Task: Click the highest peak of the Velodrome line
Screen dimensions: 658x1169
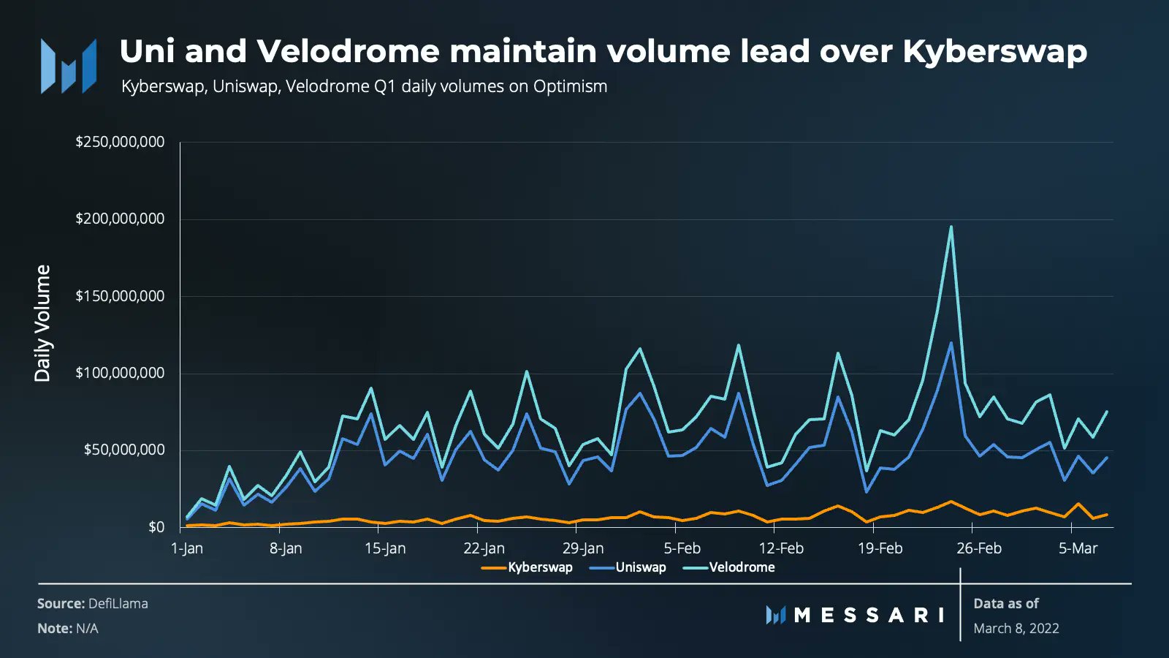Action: pyautogui.click(x=951, y=227)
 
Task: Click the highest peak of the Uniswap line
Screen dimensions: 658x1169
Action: pyautogui.click(x=951, y=343)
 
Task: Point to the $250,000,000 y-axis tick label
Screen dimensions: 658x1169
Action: pyautogui.click(x=120, y=142)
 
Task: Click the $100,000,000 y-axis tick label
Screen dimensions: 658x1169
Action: pyautogui.click(x=120, y=373)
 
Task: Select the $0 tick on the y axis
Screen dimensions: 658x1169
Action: pyautogui.click(x=156, y=527)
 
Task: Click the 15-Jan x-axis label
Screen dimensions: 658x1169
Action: pyautogui.click(x=385, y=548)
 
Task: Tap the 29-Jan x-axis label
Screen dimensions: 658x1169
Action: pyautogui.click(x=583, y=548)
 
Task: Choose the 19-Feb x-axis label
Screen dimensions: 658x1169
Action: pyautogui.click(x=880, y=548)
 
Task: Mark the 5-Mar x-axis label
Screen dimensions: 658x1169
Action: pyautogui.click(x=1078, y=548)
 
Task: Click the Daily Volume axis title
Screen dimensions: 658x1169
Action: pyautogui.click(x=42, y=323)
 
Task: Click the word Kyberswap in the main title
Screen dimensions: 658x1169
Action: pyautogui.click(x=994, y=51)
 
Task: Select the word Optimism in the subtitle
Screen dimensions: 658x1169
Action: pyautogui.click(x=570, y=86)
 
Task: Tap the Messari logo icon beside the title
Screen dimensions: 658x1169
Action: pyautogui.click(x=69, y=66)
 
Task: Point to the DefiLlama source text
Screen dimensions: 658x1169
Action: pyautogui.click(x=118, y=604)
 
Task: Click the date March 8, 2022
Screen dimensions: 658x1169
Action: pyautogui.click(x=1016, y=628)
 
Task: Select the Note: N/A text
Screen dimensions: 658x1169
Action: pyautogui.click(x=67, y=628)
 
